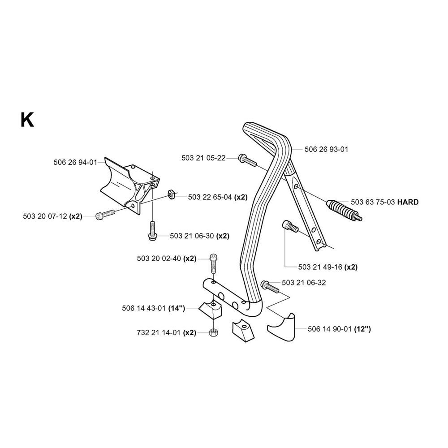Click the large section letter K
27,120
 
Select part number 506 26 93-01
326,149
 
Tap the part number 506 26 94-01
75,162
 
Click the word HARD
408,202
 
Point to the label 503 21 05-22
203,158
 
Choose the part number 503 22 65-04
210,197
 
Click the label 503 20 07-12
45,216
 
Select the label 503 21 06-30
192,236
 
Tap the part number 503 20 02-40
159,258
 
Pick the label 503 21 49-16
320,267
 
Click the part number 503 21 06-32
304,283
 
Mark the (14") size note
177,309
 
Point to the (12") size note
362,329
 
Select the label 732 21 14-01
159,333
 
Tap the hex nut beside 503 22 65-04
172,195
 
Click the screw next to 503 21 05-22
248,160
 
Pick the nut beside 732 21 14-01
213,332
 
